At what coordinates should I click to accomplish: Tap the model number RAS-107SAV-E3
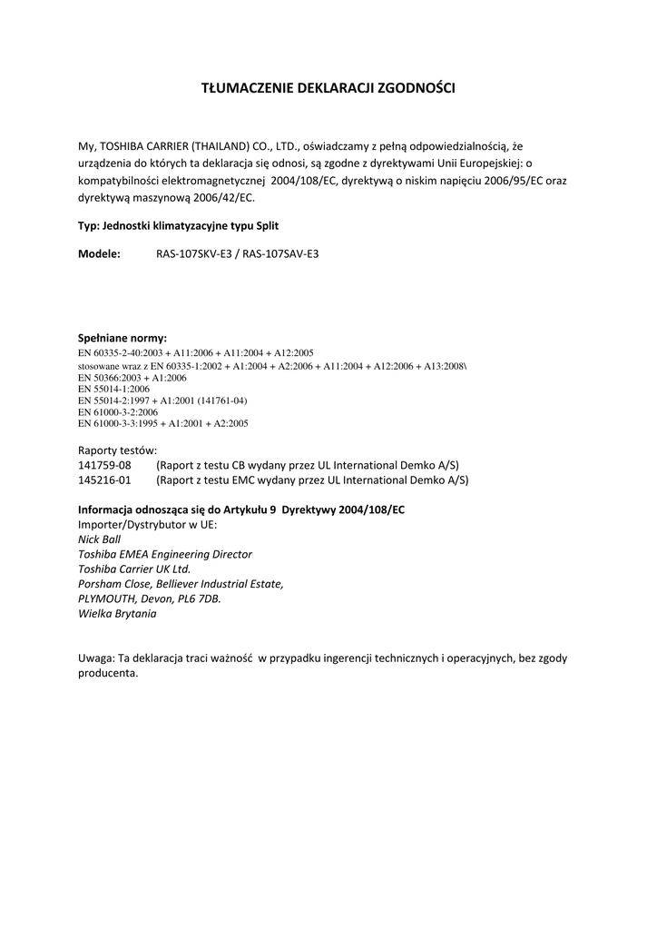click(x=280, y=254)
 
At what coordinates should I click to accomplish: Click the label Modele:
click(x=99, y=254)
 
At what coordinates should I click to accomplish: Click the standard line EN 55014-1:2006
click(x=114, y=388)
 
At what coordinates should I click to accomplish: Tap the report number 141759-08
click(x=104, y=465)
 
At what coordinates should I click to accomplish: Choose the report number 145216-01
click(x=104, y=480)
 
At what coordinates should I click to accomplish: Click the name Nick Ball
click(x=100, y=539)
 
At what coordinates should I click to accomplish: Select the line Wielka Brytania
click(x=117, y=614)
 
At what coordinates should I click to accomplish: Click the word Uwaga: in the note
click(x=96, y=658)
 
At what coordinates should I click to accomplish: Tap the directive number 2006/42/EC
click(x=224, y=196)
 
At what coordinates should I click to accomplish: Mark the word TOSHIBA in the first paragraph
click(x=123, y=145)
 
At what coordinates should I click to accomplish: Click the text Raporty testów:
click(x=118, y=450)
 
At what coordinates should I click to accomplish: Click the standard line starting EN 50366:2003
click(x=132, y=376)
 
